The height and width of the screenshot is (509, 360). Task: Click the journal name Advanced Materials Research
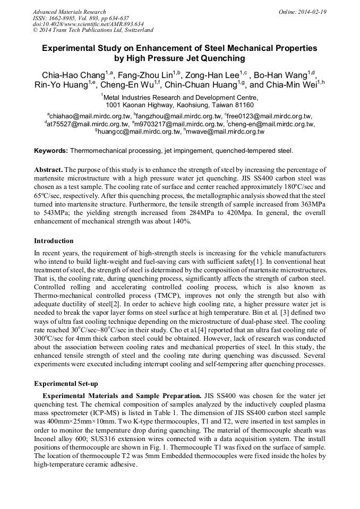(69, 12)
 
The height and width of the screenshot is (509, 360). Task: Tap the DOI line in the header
(88, 24)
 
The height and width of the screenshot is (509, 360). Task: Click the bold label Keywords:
(51, 151)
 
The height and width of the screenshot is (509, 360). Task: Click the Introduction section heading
(54, 240)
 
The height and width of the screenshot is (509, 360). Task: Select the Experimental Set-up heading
(66, 383)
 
